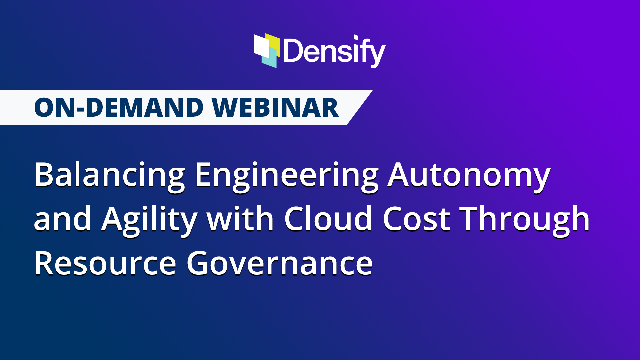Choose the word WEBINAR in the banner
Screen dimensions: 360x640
click(275, 108)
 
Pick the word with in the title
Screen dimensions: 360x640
click(240, 219)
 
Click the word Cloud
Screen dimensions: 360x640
click(328, 219)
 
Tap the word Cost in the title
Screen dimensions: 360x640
click(417, 219)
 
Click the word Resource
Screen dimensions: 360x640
click(105, 263)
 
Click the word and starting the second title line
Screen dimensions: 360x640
click(63, 219)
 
